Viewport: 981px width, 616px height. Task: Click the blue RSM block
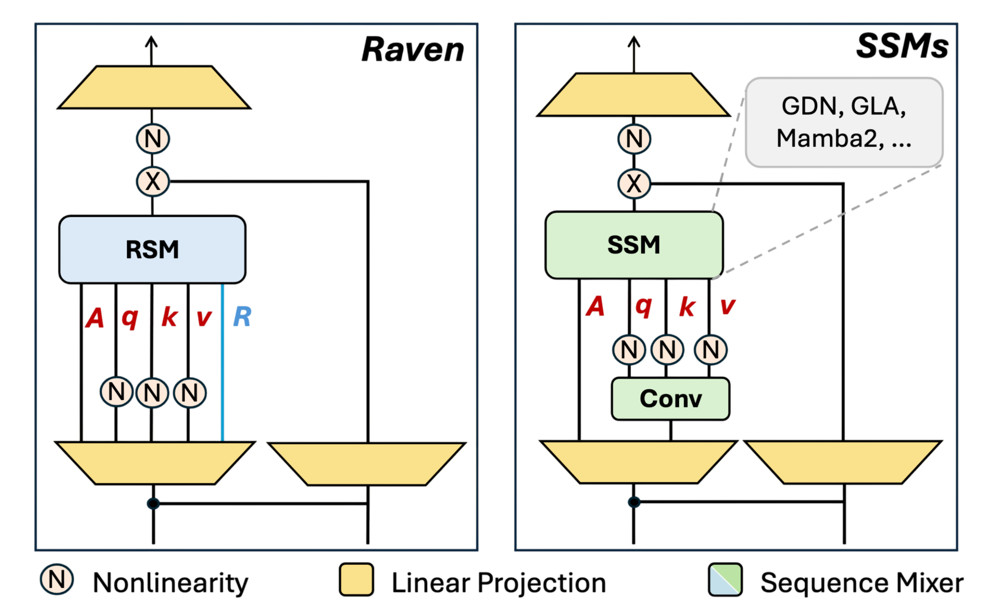point(152,249)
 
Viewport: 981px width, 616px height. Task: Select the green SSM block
point(634,245)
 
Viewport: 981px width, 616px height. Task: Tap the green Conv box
point(670,399)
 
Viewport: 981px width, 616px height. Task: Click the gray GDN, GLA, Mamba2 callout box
point(844,122)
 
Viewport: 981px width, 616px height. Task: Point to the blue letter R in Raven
point(242,316)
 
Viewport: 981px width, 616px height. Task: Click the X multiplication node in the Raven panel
point(152,181)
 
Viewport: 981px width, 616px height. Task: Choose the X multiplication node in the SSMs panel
point(634,184)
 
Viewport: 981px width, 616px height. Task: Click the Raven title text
point(413,49)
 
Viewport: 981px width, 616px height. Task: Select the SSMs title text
point(902,46)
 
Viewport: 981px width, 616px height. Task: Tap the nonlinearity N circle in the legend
point(57,579)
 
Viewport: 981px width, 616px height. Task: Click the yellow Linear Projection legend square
point(356,580)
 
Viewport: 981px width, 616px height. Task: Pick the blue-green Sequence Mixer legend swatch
point(725,580)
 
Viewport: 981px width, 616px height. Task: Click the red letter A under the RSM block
point(95,318)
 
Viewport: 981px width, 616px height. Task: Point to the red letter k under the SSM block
point(687,307)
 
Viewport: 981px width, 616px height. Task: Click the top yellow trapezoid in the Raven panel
point(154,87)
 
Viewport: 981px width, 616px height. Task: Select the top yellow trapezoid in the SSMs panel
point(634,95)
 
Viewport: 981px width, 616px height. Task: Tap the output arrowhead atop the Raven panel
point(151,40)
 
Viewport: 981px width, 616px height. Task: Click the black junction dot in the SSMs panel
point(634,502)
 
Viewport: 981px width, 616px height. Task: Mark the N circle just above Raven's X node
point(152,139)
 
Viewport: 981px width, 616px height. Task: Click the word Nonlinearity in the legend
point(170,583)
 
